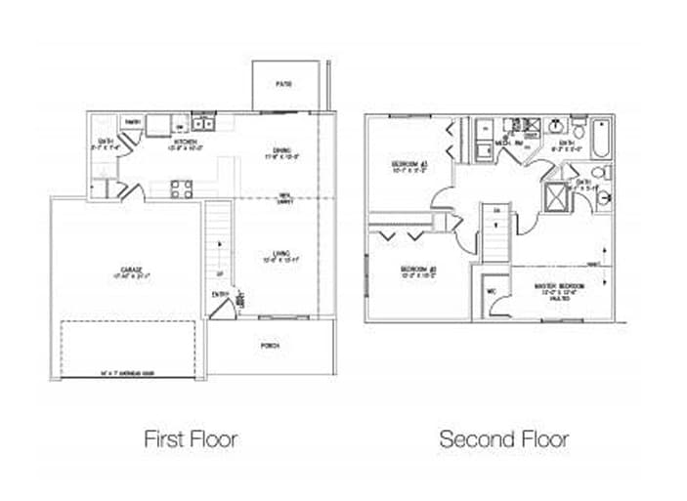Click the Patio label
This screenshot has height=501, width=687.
click(283, 85)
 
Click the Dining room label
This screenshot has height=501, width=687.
click(282, 152)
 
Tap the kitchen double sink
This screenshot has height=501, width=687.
click(204, 124)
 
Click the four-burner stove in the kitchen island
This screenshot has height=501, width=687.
click(181, 188)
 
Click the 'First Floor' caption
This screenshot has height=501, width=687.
click(191, 438)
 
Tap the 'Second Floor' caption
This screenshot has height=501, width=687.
click(503, 438)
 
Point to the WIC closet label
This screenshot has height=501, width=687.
click(490, 290)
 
